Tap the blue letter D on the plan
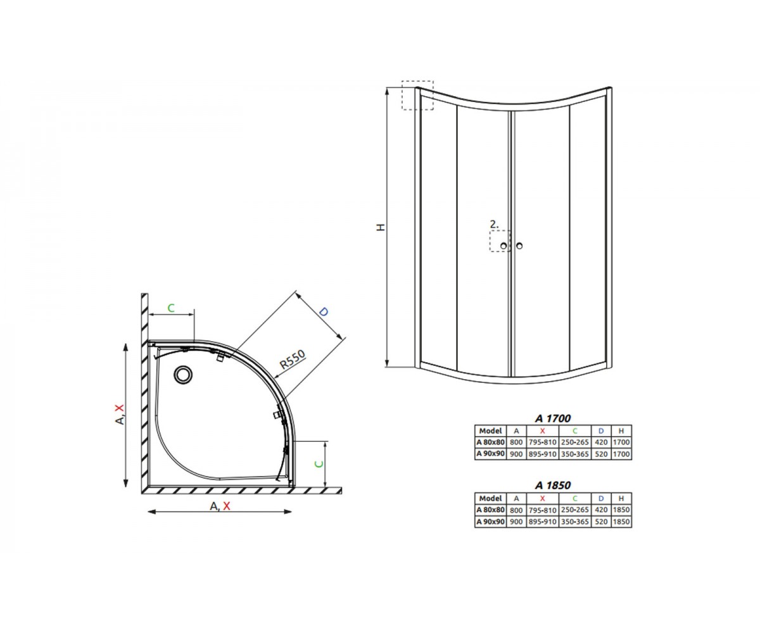tap(324, 311)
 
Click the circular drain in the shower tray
tap(183, 374)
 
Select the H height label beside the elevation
tap(381, 227)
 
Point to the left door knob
tap(503, 246)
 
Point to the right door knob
tap(519, 246)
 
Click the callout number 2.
tap(494, 223)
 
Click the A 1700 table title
tap(552, 418)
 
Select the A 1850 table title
tap(552, 486)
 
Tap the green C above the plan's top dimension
tap(171, 308)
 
